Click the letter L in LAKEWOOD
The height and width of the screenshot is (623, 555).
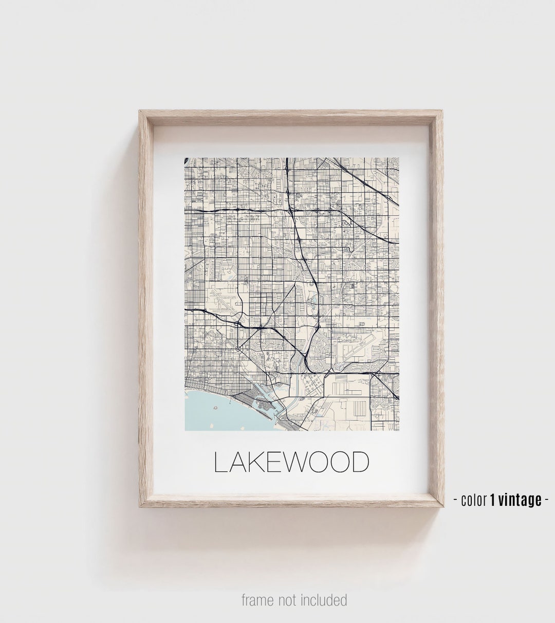[x=219, y=463]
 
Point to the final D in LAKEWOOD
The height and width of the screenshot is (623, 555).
[x=359, y=463]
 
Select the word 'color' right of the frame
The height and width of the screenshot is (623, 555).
[x=473, y=500]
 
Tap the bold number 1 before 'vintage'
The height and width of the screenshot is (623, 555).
[x=493, y=499]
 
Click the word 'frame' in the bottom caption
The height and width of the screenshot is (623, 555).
[x=258, y=600]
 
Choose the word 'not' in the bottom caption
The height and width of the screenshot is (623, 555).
[x=291, y=600]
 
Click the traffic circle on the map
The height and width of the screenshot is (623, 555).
[x=239, y=349]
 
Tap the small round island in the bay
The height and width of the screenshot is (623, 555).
[x=215, y=406]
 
